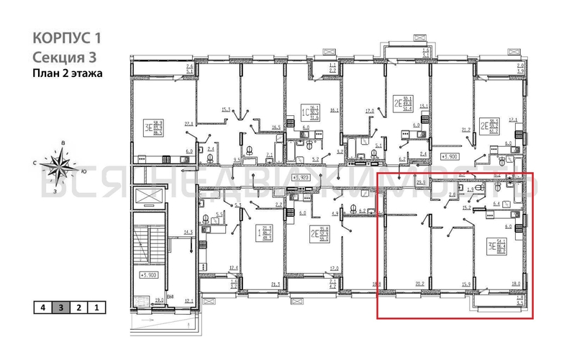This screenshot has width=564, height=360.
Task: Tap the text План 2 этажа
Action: (x=68, y=73)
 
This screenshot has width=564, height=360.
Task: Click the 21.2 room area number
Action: (x=465, y=130)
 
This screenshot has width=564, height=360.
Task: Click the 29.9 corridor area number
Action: (x=421, y=183)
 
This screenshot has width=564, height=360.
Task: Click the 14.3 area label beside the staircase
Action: (x=188, y=232)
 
